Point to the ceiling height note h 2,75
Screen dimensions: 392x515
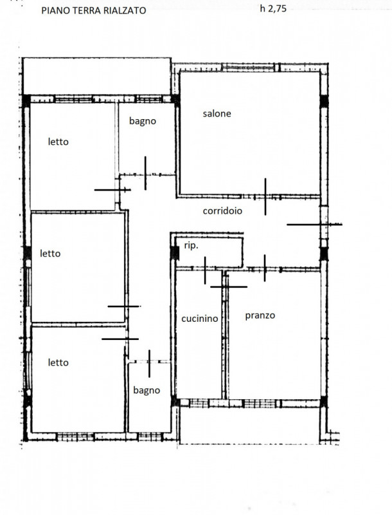pos(273,8)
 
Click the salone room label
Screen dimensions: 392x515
pos(217,114)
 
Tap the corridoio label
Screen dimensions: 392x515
pos(222,211)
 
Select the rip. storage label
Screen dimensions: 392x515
pos(191,246)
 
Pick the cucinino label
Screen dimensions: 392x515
pos(200,318)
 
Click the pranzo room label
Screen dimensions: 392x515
pos(260,315)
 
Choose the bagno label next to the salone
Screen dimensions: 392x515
pos(142,121)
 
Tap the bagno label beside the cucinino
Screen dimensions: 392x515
pos(147,391)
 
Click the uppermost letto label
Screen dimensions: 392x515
pos(58,142)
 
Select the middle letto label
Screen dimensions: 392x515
pos(50,254)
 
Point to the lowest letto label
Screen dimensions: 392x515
pos(58,362)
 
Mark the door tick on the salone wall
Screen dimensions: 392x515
pos(265,197)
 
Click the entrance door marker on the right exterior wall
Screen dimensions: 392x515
pos(314,224)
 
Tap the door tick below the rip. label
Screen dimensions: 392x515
pos(205,270)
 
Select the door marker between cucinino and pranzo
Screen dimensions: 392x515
pos(228,286)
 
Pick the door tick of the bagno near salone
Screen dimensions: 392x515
pos(145,173)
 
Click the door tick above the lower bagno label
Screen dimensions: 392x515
pos(149,364)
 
